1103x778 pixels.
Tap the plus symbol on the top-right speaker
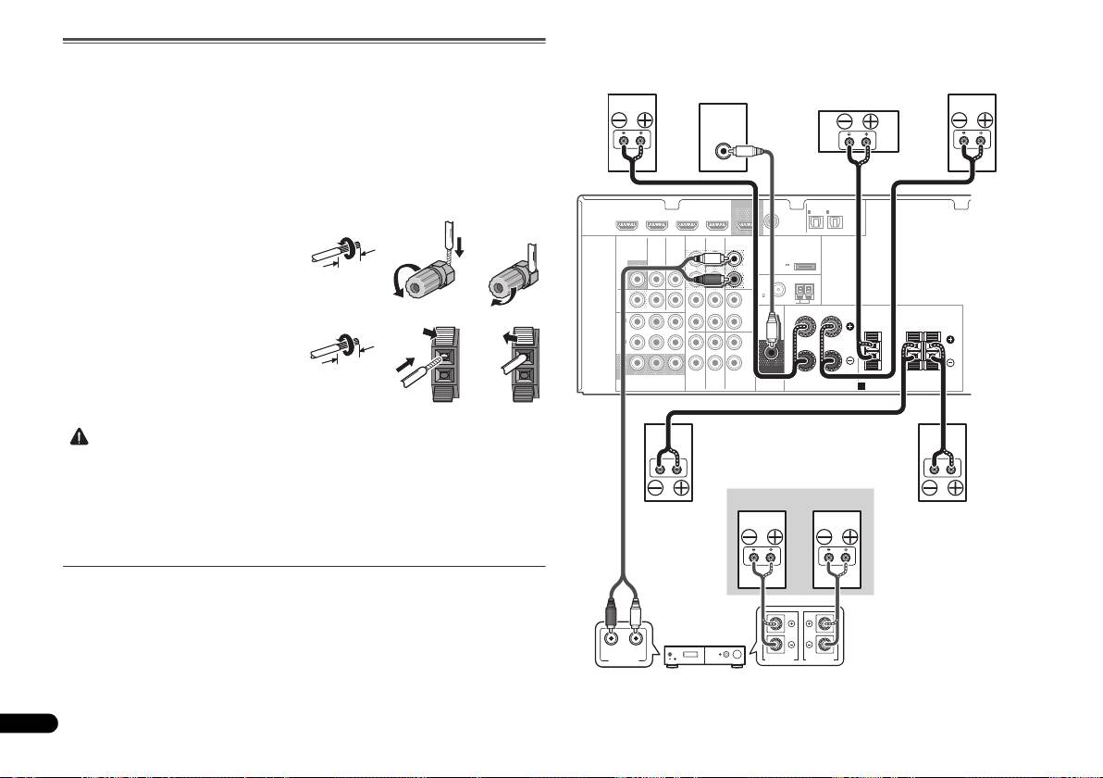[985, 119]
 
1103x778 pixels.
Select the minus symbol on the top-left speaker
[619, 119]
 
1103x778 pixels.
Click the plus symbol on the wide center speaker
[870, 121]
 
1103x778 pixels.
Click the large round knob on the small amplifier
[735, 657]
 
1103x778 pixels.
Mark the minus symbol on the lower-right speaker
[930, 488]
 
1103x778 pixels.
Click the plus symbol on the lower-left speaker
[681, 488]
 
